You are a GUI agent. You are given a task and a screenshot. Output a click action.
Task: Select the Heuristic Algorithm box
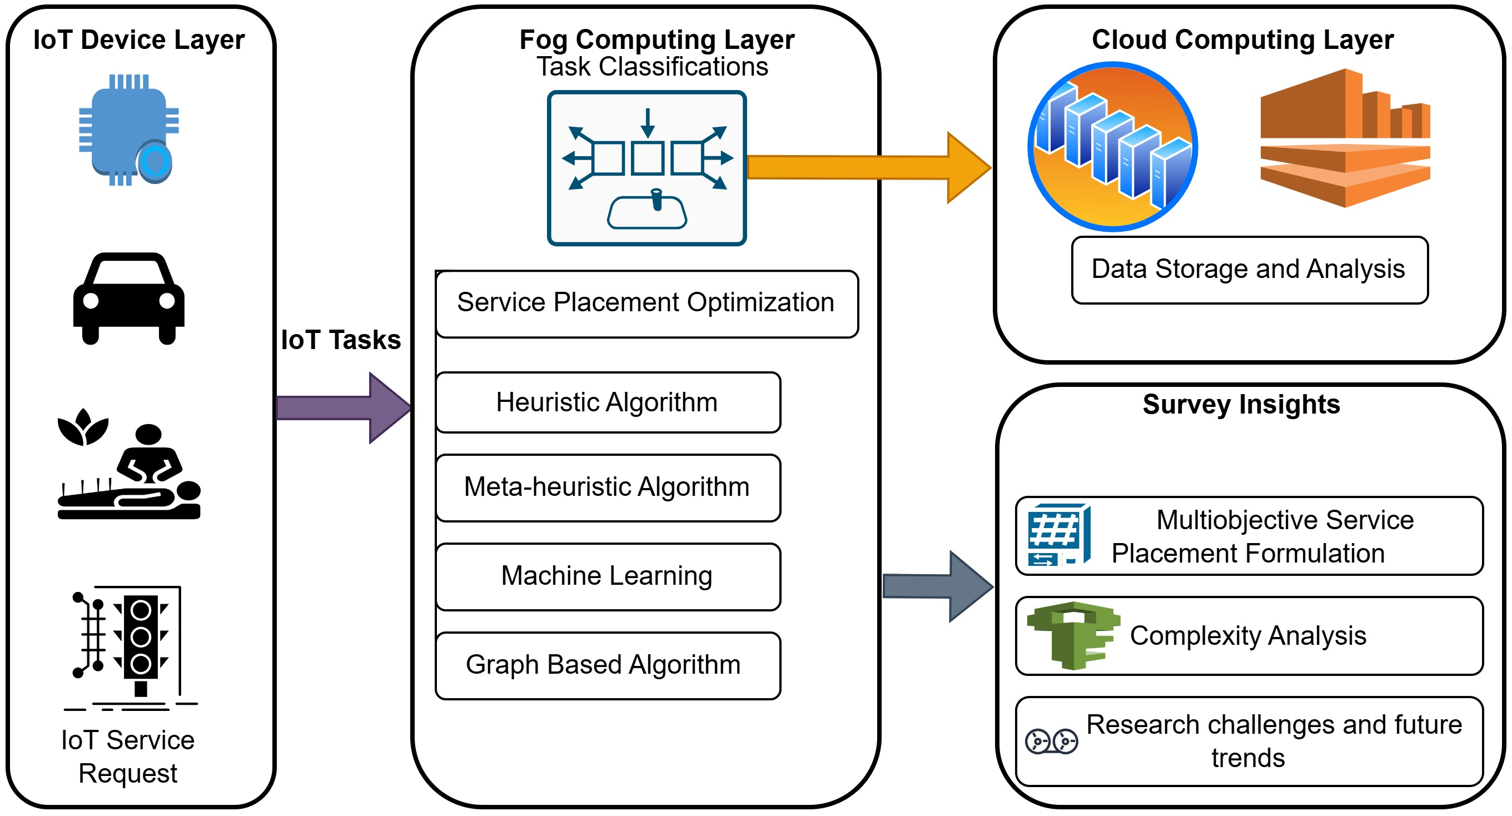[x=608, y=402]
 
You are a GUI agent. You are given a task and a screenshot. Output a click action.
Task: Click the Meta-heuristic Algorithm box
[x=608, y=487]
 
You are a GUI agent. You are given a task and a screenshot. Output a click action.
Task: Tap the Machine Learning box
[x=608, y=576]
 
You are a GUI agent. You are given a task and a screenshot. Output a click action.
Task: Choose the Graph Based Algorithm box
[x=608, y=665]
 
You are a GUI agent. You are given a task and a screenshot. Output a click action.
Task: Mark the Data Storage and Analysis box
[x=1249, y=270]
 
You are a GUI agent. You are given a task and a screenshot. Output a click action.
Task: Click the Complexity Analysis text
[x=1248, y=636]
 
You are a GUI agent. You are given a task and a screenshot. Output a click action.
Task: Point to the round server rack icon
[x=1113, y=147]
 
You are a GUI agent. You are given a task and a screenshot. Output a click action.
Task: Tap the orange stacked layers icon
[x=1345, y=138]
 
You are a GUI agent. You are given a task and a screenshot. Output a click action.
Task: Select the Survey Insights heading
[x=1241, y=405]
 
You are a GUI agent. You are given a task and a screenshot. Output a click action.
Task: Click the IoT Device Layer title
[x=138, y=40]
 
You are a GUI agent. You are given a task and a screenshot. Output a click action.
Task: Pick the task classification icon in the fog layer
[x=646, y=168]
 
